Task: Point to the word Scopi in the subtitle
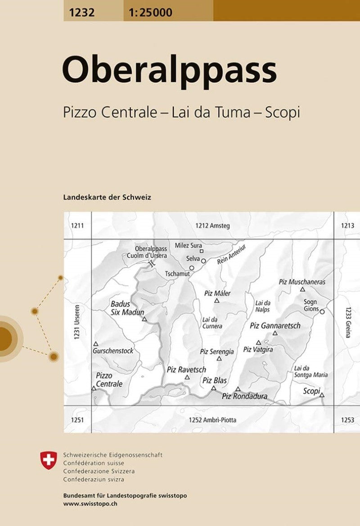(x=282, y=112)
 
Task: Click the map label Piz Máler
(x=217, y=293)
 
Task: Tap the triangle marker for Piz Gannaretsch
(x=275, y=333)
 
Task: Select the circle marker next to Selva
(x=203, y=261)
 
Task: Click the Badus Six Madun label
(x=126, y=308)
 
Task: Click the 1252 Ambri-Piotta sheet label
(x=212, y=420)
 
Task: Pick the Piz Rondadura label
(x=244, y=396)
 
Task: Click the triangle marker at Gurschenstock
(x=95, y=343)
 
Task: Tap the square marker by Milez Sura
(x=202, y=251)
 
